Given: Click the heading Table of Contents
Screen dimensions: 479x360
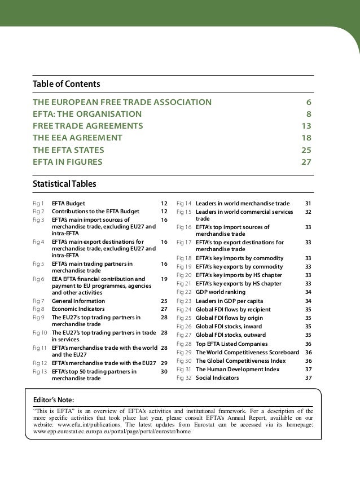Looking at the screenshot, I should tap(67, 84).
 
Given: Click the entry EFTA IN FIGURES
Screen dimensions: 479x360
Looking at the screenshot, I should tap(68, 162).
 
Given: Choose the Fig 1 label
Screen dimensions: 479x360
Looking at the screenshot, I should tap(39, 203).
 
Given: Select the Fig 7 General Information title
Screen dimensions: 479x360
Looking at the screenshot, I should tap(78, 301).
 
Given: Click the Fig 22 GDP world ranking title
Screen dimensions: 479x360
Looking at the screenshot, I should tap(221, 292).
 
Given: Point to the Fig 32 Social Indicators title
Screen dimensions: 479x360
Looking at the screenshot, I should tap(217, 378).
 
